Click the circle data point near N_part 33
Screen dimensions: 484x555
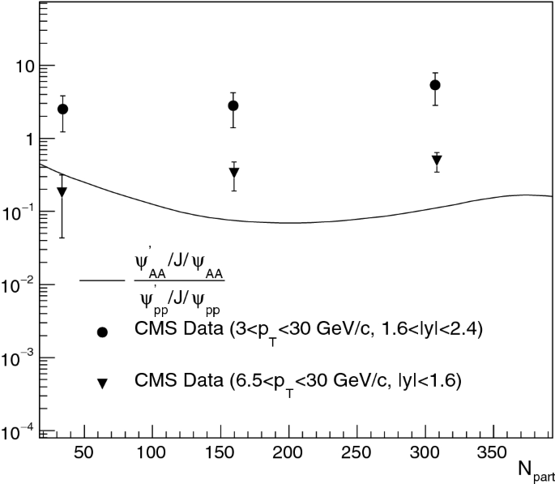click(62, 109)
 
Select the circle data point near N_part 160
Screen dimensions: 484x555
click(233, 105)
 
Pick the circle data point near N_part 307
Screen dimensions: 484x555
click(435, 85)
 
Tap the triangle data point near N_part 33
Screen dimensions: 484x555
click(62, 192)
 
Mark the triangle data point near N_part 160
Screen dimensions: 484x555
click(234, 173)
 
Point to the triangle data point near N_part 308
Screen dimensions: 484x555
click(437, 161)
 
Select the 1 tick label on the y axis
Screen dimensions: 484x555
click(27, 139)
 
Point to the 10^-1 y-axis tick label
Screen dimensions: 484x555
click(18, 211)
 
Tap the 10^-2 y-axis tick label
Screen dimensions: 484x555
click(18, 284)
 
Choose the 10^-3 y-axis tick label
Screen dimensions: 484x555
click(18, 357)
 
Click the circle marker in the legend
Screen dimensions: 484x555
click(103, 332)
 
